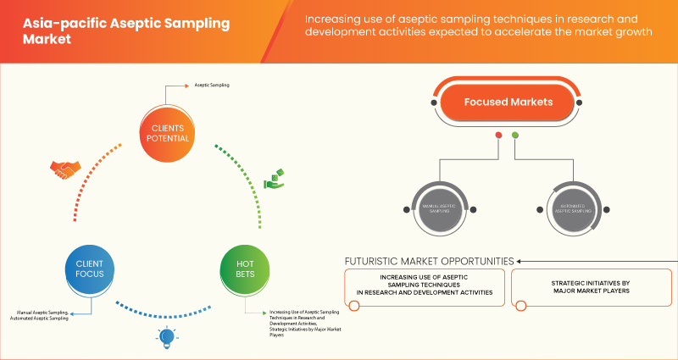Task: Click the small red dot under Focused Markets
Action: [x=499, y=136]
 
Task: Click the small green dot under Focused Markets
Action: [x=515, y=136]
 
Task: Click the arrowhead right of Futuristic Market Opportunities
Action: [x=521, y=260]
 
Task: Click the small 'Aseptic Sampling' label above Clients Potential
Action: [x=212, y=86]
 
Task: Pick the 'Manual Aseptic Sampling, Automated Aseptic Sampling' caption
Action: [x=41, y=314]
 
